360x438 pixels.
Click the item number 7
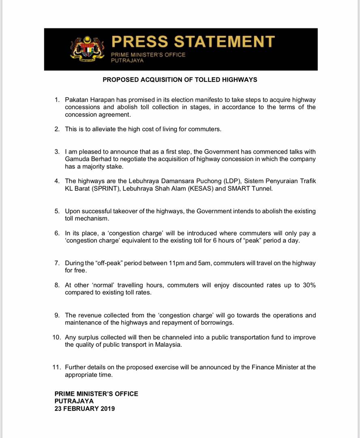tap(57, 263)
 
